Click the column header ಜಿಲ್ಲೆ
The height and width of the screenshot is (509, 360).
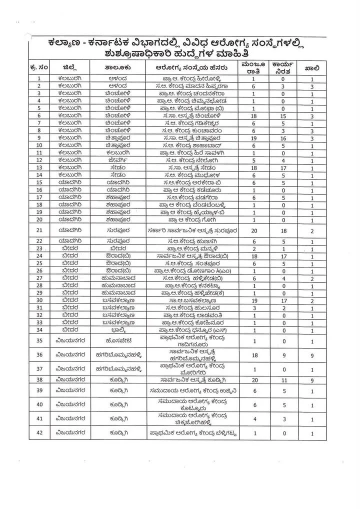point(69,67)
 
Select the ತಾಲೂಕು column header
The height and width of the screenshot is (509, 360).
point(117,67)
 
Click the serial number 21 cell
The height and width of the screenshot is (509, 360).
point(39,230)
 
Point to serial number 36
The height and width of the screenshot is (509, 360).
point(39,354)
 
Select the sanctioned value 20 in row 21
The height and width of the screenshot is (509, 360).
point(253,230)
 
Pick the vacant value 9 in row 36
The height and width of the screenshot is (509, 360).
point(312,355)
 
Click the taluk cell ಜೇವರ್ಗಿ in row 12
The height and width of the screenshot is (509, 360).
point(117,160)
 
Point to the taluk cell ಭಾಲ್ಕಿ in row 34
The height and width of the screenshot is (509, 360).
point(117,330)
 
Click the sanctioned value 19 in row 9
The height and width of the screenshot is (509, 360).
point(253,138)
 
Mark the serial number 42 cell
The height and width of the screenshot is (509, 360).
point(39,433)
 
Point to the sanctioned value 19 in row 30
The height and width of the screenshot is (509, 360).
point(253,300)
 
